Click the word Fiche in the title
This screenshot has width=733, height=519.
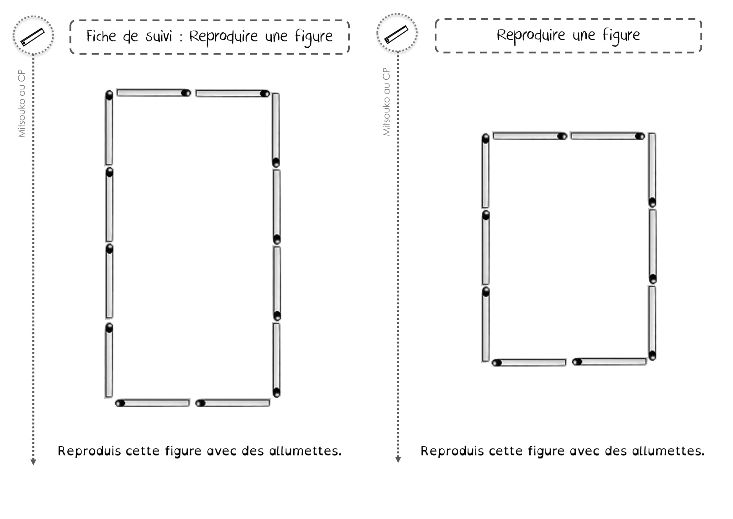[x=101, y=36]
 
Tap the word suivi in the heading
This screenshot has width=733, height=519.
[x=159, y=36]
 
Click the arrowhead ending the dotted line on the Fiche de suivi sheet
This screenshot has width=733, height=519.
[x=33, y=462]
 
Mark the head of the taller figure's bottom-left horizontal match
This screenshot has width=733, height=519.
[x=120, y=403]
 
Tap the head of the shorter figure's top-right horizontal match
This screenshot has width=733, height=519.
[x=640, y=136]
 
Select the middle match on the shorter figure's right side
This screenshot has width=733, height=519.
[x=653, y=246]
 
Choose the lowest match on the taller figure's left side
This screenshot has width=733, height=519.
[x=109, y=361]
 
